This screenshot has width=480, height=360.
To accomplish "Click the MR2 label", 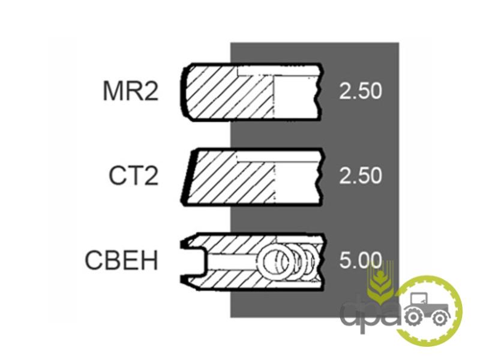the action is point(131,91).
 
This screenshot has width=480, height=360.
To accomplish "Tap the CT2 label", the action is point(134,175).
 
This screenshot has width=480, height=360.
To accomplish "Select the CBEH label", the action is point(122,260).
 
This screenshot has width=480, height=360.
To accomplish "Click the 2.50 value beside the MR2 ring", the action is point(361,91).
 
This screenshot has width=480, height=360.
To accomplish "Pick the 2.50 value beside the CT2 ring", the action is point(361,175).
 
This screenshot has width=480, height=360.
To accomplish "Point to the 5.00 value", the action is point(361,260).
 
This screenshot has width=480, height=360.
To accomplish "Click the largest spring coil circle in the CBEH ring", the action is point(274,260).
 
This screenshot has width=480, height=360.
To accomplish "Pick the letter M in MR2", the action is point(113,91).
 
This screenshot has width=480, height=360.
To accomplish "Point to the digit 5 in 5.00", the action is point(346,260).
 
